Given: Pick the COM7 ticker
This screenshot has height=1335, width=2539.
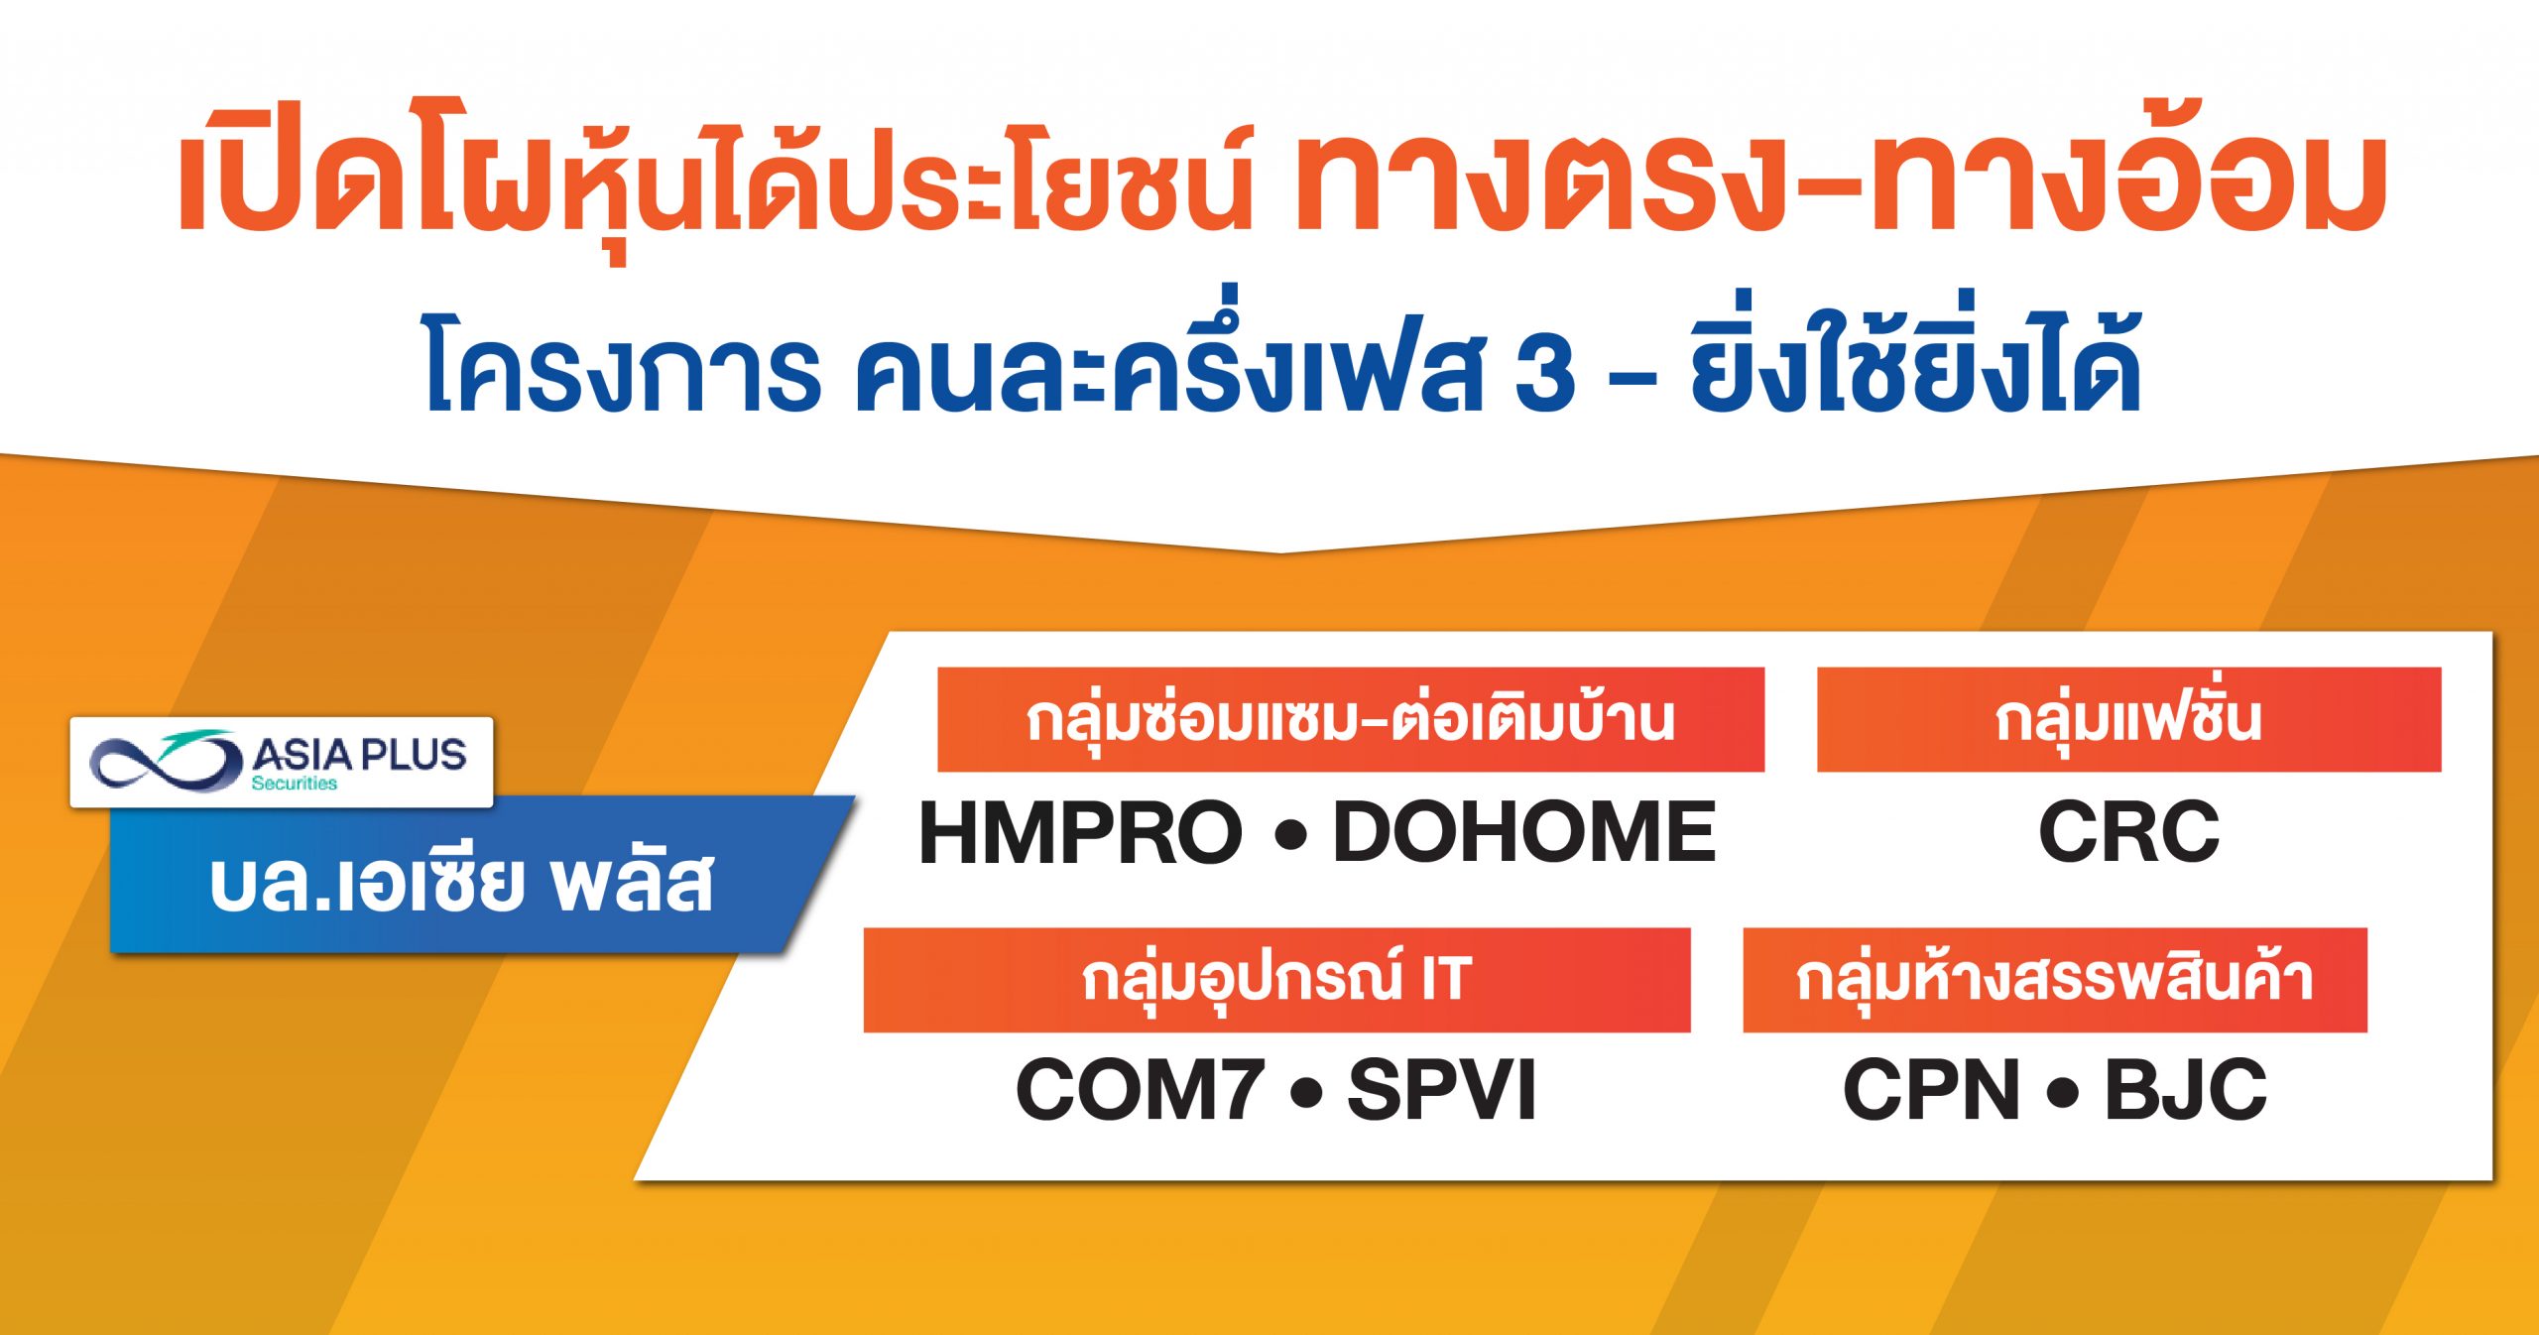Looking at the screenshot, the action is [1141, 1089].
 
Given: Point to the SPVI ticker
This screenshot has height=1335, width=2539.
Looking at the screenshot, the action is [1441, 1089].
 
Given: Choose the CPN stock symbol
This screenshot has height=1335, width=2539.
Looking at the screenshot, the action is [1931, 1089].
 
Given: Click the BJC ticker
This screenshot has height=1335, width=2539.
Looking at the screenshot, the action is [2186, 1089].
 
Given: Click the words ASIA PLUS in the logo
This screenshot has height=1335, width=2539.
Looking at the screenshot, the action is [359, 755].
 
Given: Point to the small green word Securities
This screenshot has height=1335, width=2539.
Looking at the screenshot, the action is [294, 784].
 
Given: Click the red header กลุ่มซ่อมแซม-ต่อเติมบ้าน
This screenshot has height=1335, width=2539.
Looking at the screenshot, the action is [1350, 719].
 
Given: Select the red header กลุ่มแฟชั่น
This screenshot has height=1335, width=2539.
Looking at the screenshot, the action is [2128, 719].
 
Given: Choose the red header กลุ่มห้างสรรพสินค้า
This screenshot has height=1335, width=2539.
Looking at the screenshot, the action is [2055, 980].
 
